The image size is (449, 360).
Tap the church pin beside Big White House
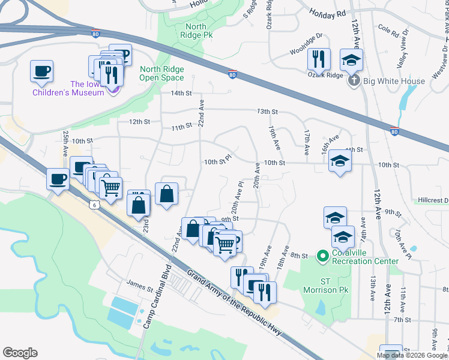click(x=354, y=80)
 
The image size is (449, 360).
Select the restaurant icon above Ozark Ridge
click(x=318, y=59)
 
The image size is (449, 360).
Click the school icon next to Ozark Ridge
click(x=351, y=59)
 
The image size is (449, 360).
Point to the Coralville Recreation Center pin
click(x=322, y=256)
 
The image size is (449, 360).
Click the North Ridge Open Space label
click(x=161, y=74)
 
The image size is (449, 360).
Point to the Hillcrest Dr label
click(x=432, y=200)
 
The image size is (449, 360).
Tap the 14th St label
click(x=181, y=94)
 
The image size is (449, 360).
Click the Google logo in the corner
click(x=20, y=353)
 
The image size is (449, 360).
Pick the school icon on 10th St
click(x=340, y=161)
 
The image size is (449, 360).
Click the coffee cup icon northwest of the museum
click(x=42, y=71)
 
